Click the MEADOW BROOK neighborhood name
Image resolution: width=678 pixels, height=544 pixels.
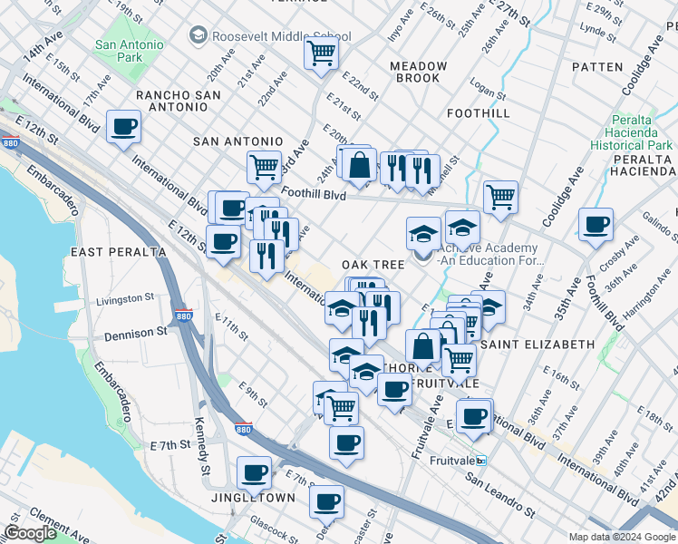419,72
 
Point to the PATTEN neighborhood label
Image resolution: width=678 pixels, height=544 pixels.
597,67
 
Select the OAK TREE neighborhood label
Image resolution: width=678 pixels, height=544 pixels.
373,264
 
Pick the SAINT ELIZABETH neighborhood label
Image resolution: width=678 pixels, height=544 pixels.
538,345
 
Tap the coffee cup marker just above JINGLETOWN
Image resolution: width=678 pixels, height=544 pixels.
254,472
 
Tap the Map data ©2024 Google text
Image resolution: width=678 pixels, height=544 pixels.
621,537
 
